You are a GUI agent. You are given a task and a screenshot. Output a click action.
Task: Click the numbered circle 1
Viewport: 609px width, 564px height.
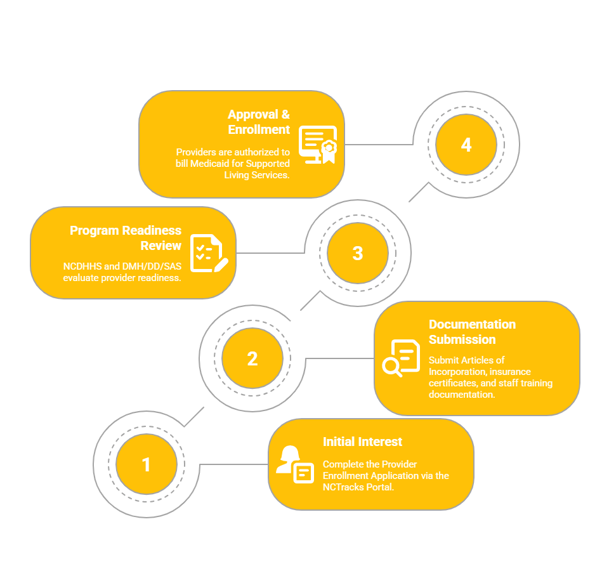click(x=147, y=464)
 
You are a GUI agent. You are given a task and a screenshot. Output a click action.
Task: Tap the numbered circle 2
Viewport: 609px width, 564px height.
click(x=252, y=358)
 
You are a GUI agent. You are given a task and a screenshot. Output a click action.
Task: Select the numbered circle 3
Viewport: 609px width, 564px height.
click(x=358, y=253)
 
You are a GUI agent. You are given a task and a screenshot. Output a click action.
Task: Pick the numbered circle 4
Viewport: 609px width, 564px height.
click(x=466, y=145)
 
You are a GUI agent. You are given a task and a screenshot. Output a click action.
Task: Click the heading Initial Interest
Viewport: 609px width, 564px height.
click(x=362, y=442)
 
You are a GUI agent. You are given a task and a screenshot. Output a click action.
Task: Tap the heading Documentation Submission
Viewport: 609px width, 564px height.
click(x=472, y=332)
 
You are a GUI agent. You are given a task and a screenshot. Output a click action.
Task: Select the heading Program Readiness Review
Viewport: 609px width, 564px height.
click(x=126, y=238)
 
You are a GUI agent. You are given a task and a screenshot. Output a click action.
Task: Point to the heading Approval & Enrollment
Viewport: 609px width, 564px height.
click(x=259, y=122)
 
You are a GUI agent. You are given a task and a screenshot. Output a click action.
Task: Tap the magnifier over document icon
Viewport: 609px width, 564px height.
click(x=401, y=358)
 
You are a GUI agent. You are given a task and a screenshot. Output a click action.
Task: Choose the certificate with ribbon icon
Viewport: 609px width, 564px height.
click(x=318, y=145)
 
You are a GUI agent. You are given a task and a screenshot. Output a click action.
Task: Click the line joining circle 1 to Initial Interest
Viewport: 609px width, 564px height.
click(x=234, y=464)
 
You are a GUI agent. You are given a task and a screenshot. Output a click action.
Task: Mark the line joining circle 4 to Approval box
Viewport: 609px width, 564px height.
click(x=379, y=145)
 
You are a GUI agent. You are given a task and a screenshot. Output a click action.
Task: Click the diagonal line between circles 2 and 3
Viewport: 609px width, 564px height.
click(x=310, y=300)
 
